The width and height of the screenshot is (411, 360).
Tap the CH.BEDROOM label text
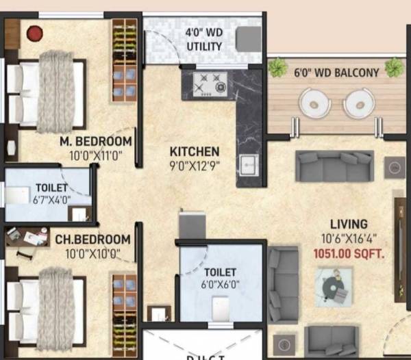pos(93,240)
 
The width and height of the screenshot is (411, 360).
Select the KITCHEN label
pos(195,151)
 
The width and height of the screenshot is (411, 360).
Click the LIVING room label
pos(349,224)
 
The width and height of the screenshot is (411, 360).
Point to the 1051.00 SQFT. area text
pos(347,252)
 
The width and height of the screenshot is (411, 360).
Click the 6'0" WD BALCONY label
pos(336,73)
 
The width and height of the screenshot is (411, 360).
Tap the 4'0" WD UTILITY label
pos(204,40)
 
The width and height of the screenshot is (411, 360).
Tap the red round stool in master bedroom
pos(34,32)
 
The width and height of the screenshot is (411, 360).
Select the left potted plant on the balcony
pos(277,67)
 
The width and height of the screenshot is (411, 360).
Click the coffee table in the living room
pos(334,285)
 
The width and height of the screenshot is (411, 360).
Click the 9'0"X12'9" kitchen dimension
pos(195,165)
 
